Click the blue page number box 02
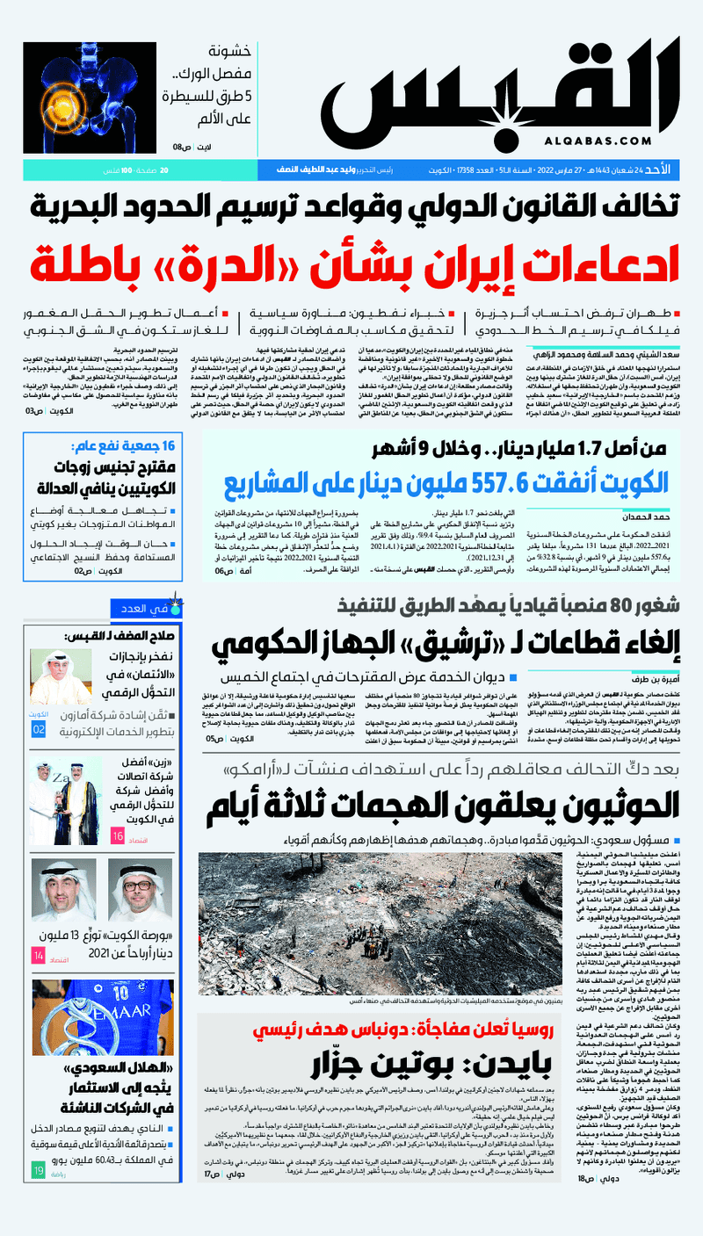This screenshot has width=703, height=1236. point(40,730)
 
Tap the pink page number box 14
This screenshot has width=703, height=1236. point(40,956)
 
